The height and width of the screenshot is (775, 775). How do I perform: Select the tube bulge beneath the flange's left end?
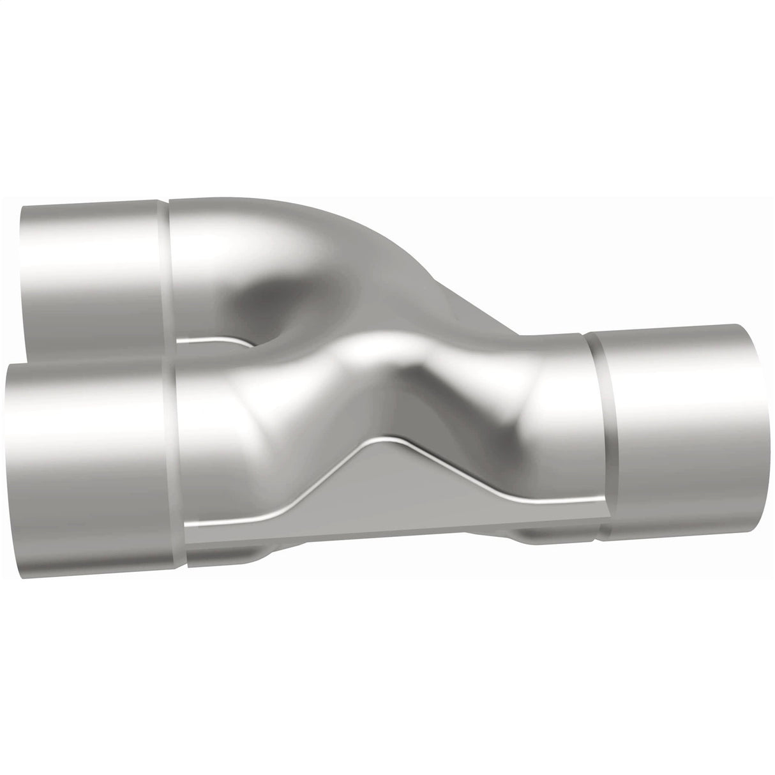tap(223, 549)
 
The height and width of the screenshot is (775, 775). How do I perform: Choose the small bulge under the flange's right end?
tap(543, 536)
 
